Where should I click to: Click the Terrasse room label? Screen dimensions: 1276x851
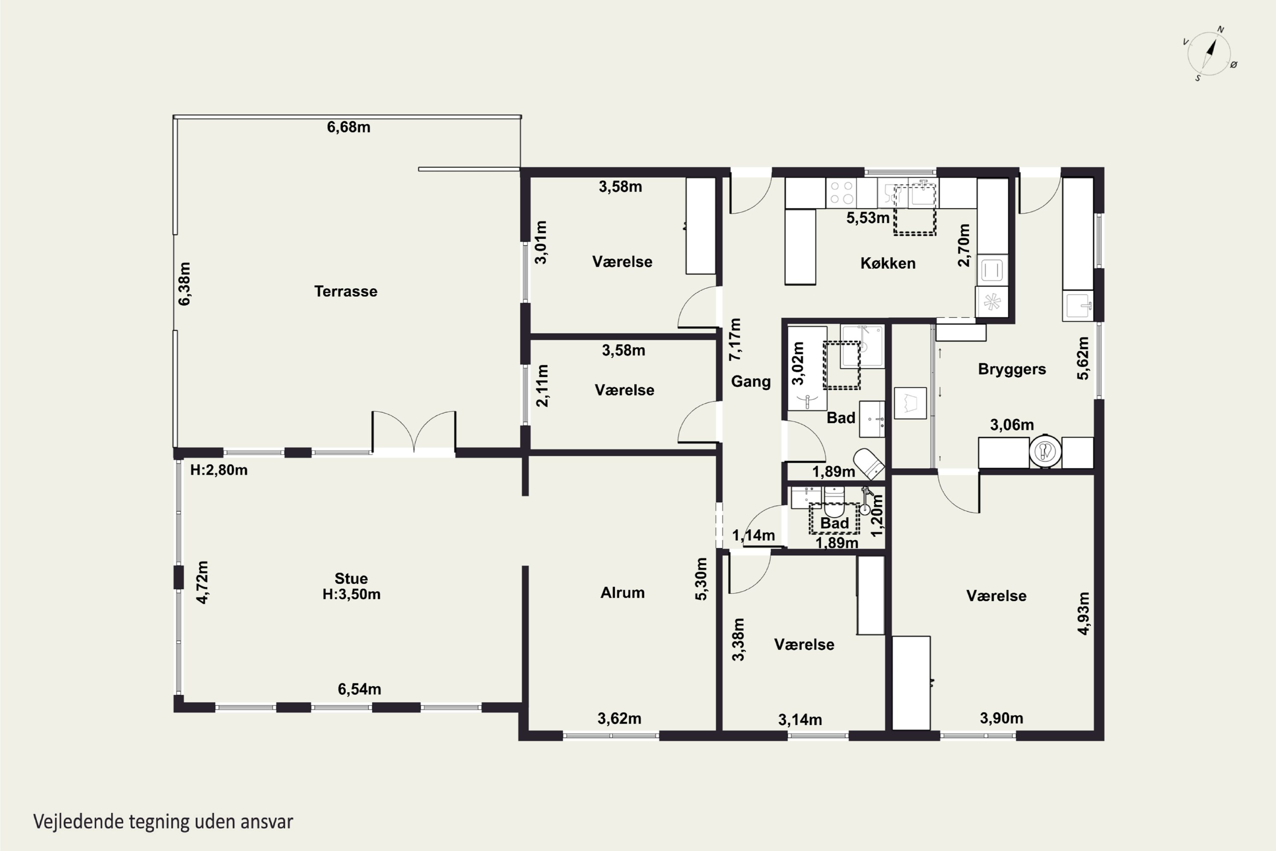pos(346,292)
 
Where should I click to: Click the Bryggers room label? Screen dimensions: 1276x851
pos(1012,370)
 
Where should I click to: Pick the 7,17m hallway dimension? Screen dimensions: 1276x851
pos(735,339)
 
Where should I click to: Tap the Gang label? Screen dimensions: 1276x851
pos(751,381)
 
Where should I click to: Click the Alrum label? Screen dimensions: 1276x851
pos(623,593)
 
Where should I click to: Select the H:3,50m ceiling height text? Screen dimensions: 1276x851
pos(351,594)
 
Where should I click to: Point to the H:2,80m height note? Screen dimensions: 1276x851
pos(219,470)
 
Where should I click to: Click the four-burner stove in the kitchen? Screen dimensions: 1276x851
pos(840,193)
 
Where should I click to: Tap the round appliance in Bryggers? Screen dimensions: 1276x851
pos(1045,450)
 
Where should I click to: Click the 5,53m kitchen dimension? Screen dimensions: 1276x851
pos(868,218)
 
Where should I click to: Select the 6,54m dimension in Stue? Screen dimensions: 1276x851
pos(359,689)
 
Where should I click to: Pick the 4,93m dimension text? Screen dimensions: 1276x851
pos(1083,613)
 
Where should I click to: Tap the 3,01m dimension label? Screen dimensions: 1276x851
pos(541,242)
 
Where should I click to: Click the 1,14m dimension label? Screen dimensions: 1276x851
pos(753,536)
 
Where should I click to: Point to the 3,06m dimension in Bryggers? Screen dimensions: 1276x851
pos(1012,425)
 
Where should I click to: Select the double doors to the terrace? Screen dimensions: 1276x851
pos(414,432)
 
